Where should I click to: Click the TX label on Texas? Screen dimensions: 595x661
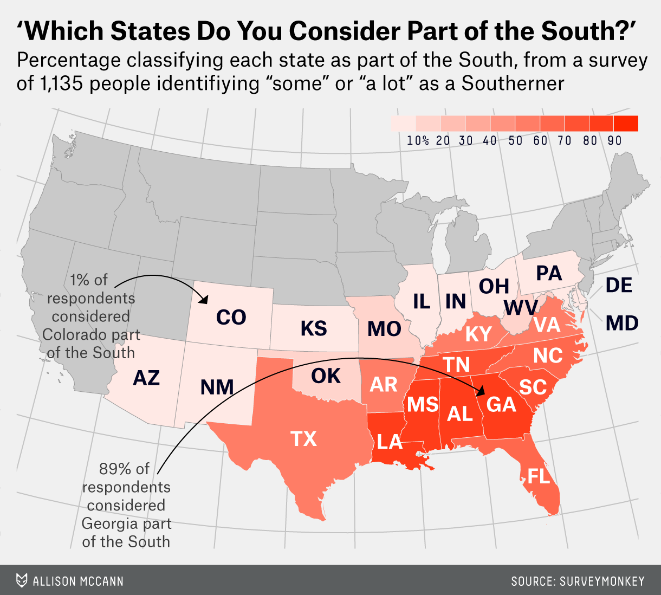(x=303, y=438)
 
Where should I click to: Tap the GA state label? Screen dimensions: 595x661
(x=501, y=404)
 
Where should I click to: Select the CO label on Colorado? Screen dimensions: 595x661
(x=231, y=318)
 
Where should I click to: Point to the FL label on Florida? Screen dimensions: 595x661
(x=539, y=476)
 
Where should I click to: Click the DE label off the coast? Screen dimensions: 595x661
(x=619, y=285)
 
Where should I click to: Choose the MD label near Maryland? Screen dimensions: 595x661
(x=621, y=324)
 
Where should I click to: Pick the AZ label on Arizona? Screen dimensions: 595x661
(x=146, y=378)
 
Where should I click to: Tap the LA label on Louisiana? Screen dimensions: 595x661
(x=390, y=442)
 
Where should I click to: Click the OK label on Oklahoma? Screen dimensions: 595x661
(x=326, y=376)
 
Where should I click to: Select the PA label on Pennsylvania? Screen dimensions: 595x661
(x=549, y=273)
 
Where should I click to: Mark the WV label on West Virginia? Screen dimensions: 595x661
(x=521, y=308)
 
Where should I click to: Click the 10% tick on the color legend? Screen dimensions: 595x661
(x=418, y=141)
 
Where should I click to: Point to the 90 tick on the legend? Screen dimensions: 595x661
(x=614, y=141)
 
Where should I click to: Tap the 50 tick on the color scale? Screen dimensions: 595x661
(x=515, y=141)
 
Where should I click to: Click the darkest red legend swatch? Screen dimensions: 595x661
(x=626, y=124)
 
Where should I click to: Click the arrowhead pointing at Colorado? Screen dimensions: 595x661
(x=204, y=299)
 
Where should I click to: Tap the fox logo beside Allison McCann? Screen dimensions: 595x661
(x=22, y=581)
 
